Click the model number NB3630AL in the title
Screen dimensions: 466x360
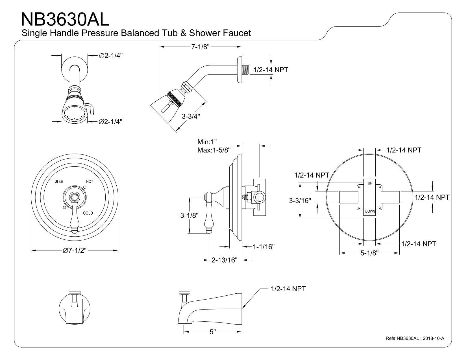(x=65, y=19)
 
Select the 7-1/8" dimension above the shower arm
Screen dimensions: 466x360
(x=200, y=47)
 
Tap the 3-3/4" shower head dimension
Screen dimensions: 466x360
(x=191, y=116)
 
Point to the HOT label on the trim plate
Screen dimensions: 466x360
(x=90, y=182)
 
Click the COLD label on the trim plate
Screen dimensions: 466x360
(x=88, y=213)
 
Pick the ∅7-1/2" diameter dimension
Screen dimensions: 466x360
(x=75, y=250)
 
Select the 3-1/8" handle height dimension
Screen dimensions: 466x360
(x=189, y=215)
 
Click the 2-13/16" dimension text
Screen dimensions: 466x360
(x=224, y=260)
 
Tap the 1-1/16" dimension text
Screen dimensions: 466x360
(x=264, y=247)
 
